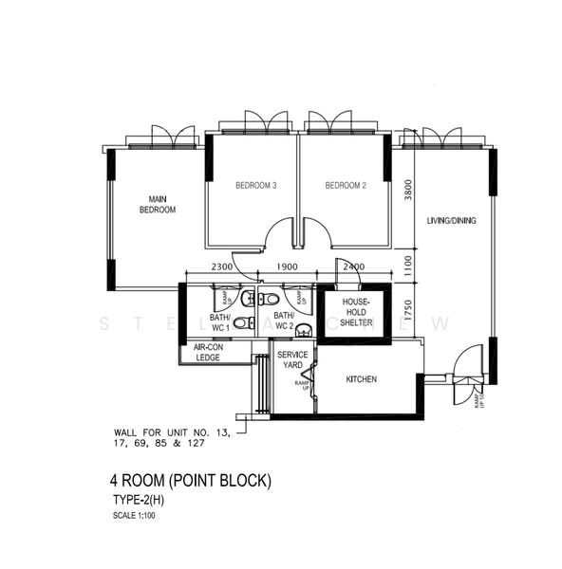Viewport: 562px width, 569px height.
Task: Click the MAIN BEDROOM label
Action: point(158,204)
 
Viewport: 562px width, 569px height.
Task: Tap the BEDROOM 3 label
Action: point(255,186)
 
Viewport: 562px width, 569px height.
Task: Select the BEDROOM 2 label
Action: point(346,186)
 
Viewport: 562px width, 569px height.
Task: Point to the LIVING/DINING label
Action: point(451,221)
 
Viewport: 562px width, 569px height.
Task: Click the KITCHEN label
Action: point(361,379)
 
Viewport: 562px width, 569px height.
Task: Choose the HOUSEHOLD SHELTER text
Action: point(351,309)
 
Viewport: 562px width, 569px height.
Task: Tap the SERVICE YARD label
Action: point(292,360)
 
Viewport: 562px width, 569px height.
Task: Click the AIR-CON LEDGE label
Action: point(211,352)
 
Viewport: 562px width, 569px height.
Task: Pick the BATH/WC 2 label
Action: point(284,321)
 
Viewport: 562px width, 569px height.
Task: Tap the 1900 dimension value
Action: point(288,267)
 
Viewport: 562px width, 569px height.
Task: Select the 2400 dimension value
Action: point(353,267)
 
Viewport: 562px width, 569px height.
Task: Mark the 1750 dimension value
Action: point(406,312)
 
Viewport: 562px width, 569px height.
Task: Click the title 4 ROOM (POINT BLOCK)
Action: point(192,481)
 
